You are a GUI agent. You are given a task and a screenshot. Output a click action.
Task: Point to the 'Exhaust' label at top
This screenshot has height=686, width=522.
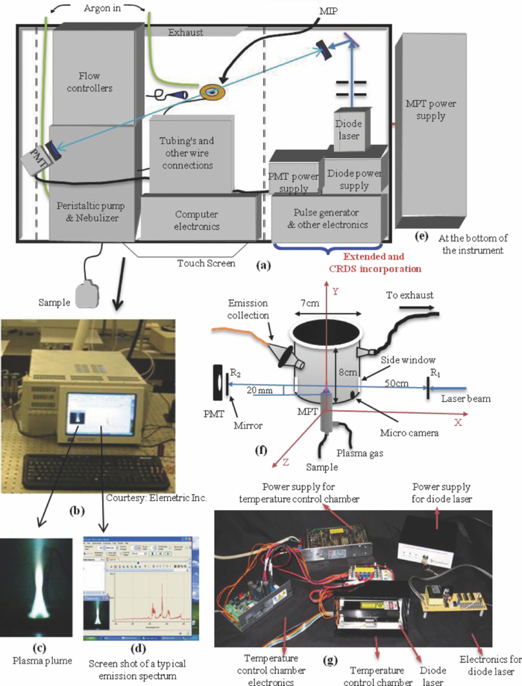[x=185, y=33]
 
